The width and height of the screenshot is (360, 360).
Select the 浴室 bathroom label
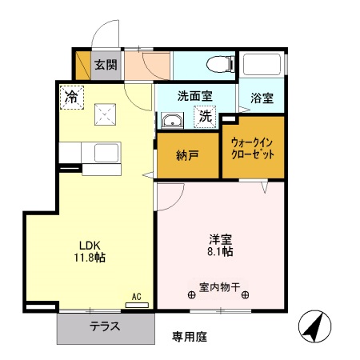[262, 99]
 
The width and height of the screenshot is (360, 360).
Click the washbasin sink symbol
[171, 122]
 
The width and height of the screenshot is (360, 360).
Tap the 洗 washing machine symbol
[205, 117]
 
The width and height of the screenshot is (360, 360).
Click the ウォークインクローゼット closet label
[252, 147]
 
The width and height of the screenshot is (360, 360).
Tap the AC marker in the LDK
[136, 297]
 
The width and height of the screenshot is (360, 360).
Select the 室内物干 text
[220, 285]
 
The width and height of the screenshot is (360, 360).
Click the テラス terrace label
[104, 326]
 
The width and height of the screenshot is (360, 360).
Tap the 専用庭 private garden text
[190, 337]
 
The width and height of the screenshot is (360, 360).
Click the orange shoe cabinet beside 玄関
[82, 65]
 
